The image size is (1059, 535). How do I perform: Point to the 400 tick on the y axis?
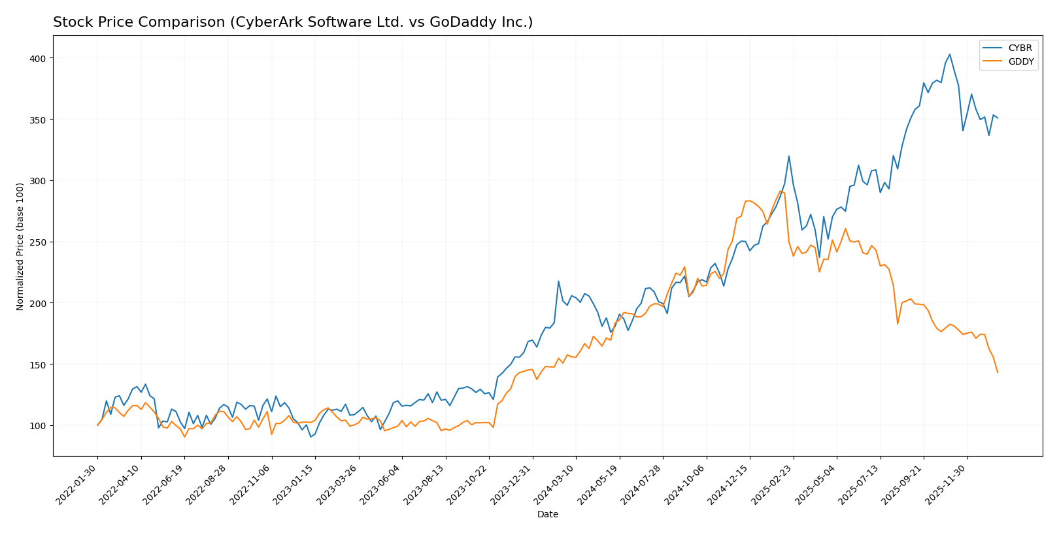tap(41, 58)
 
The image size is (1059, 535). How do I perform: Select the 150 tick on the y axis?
tap(41, 365)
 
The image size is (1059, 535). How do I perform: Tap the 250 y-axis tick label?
tap(41, 242)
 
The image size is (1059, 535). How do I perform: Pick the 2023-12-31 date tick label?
tap(513, 484)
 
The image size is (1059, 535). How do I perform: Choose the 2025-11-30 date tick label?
tap(948, 484)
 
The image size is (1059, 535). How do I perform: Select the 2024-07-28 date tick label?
tap(644, 484)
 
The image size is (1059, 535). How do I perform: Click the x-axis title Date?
tap(547, 515)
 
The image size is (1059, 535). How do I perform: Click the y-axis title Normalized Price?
tap(20, 246)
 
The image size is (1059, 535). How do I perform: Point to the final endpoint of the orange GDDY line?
tap(998, 372)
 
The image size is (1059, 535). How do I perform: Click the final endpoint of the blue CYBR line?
tap(998, 118)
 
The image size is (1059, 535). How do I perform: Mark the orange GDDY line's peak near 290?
tap(780, 191)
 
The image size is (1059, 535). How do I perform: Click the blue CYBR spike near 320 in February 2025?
tap(788, 156)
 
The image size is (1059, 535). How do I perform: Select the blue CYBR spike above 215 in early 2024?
tap(558, 282)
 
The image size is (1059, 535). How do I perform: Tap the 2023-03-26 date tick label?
tap(339, 484)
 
